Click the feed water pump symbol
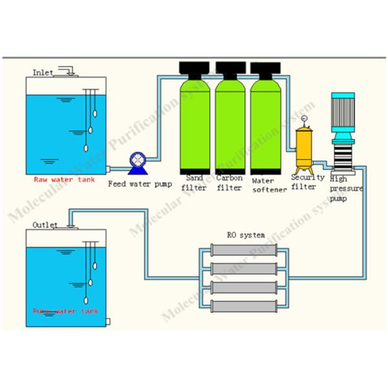tap(137, 160)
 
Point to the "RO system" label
tap(245, 235)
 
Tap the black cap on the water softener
tap(265, 67)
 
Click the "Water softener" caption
tap(267, 185)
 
